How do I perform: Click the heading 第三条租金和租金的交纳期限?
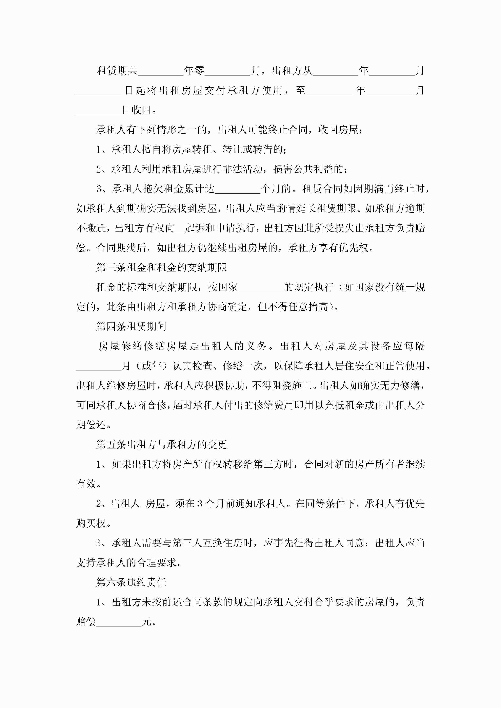[x=161, y=267]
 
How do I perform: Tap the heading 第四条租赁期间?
[x=131, y=326]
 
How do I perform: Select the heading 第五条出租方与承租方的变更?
[x=161, y=444]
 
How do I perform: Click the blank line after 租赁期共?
[x=161, y=71]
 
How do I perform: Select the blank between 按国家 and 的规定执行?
[x=261, y=288]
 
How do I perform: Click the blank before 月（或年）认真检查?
[x=98, y=366]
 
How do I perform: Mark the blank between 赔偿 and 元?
[x=119, y=622]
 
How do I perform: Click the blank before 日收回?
[x=98, y=111]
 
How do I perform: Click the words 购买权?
[x=91, y=523]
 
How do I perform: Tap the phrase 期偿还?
[x=91, y=425]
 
